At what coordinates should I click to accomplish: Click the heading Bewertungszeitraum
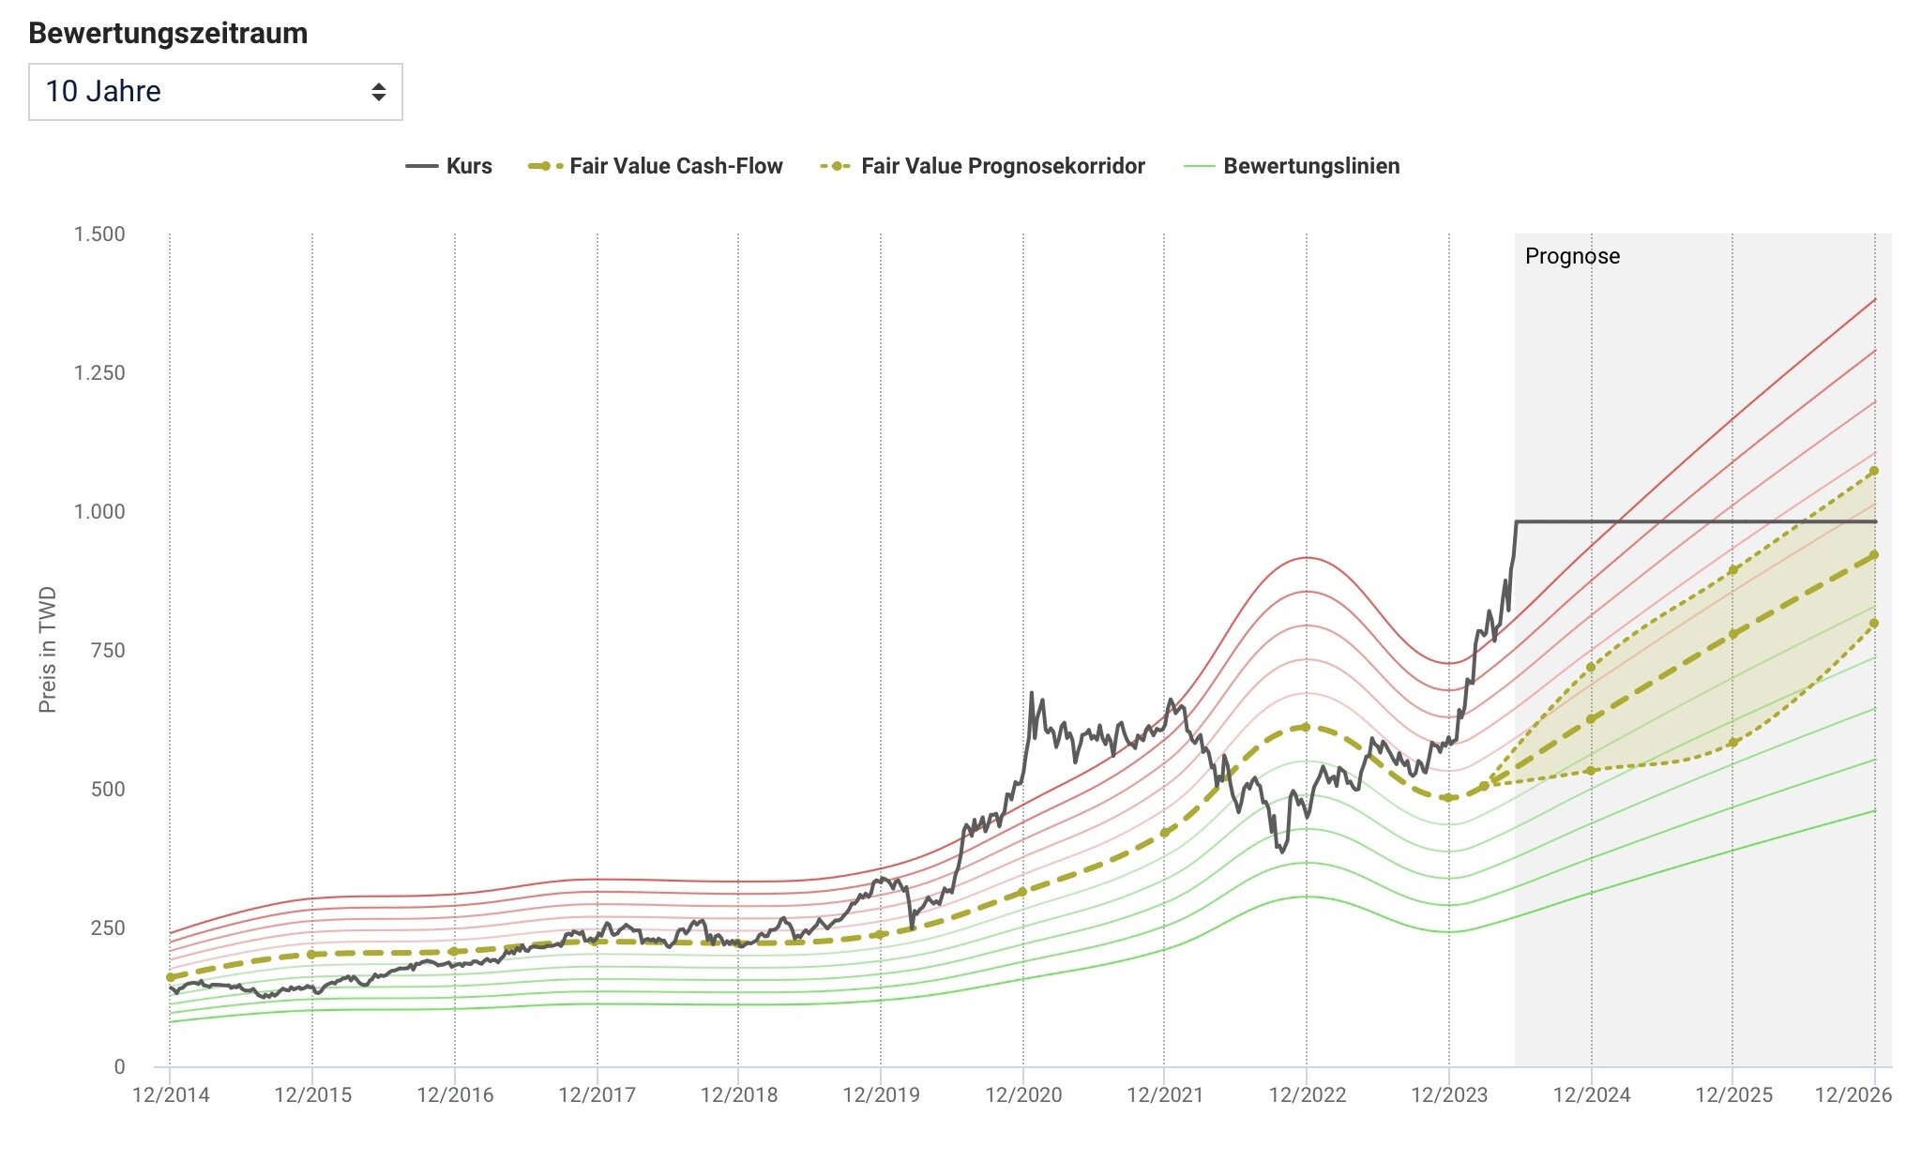pos(168,33)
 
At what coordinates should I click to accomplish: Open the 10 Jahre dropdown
pos(215,92)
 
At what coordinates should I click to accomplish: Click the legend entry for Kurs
pos(449,166)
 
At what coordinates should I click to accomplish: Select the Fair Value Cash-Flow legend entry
pos(656,166)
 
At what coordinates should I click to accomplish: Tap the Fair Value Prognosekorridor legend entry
pos(983,166)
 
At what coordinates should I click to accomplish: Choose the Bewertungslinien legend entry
pos(1293,166)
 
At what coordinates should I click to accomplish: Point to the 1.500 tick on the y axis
pos(99,234)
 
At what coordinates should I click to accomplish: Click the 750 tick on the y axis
pos(108,650)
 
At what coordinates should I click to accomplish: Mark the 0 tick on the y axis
pos(119,1066)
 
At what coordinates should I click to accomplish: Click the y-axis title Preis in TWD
pos(48,649)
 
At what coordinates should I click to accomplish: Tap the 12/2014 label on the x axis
pos(171,1094)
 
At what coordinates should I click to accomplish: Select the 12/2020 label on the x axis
pos(1023,1094)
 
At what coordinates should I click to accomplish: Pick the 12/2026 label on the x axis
pos(1853,1094)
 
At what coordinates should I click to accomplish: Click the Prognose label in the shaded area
pos(1572,256)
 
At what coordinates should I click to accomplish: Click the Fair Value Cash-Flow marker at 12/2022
pos(1306,728)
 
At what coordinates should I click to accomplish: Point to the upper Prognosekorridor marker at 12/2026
pos(1874,471)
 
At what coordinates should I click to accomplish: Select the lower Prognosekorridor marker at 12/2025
pos(1733,743)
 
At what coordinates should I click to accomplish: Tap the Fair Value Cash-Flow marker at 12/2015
pos(312,955)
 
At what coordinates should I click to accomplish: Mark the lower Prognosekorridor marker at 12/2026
pos(1874,623)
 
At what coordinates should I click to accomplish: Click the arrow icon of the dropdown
pos(379,92)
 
